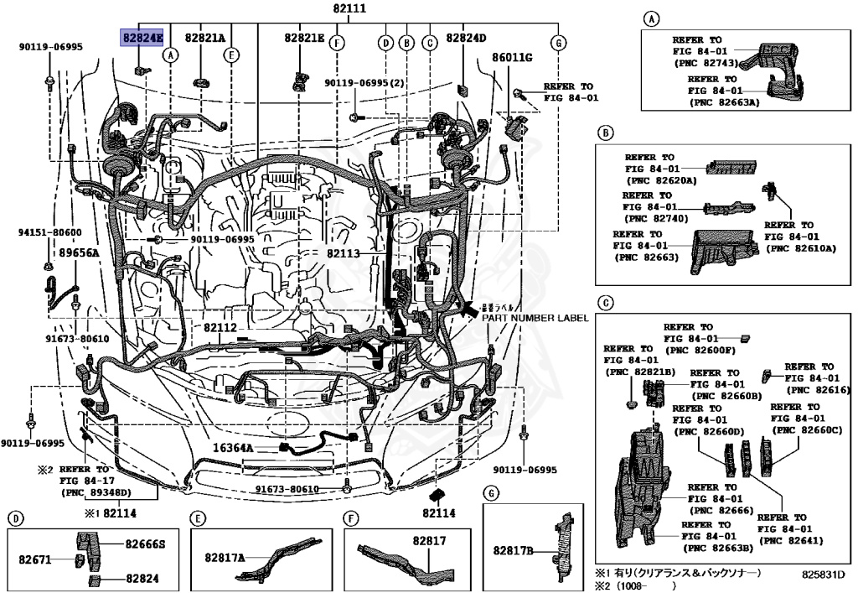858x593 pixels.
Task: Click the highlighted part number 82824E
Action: point(142,38)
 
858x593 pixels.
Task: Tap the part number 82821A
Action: point(205,38)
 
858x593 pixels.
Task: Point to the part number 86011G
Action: point(512,57)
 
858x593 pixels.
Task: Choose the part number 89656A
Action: point(79,252)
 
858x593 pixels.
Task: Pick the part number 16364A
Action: point(232,448)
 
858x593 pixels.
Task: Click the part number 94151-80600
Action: point(50,232)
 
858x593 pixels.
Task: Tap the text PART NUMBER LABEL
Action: point(535,318)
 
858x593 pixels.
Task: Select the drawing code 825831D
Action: point(823,575)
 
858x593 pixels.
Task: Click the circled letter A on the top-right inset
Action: point(651,18)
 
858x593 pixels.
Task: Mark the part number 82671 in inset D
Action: point(36,558)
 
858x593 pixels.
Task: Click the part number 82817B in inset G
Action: point(513,550)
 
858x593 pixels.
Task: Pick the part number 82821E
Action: point(303,38)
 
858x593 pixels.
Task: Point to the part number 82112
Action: point(220,327)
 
